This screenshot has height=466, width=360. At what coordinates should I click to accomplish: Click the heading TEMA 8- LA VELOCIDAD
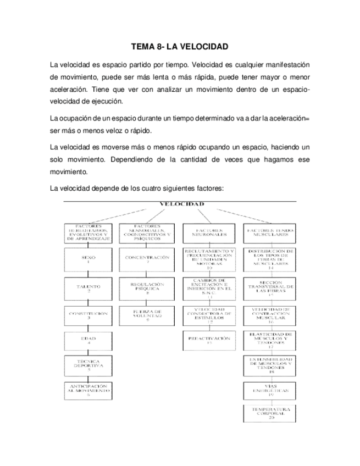click(x=180, y=47)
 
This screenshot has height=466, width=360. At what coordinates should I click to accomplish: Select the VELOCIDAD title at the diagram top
click(x=181, y=203)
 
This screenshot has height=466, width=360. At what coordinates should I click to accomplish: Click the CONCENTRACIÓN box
click(x=147, y=259)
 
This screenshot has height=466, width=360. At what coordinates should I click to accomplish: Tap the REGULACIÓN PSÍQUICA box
click(x=147, y=288)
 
